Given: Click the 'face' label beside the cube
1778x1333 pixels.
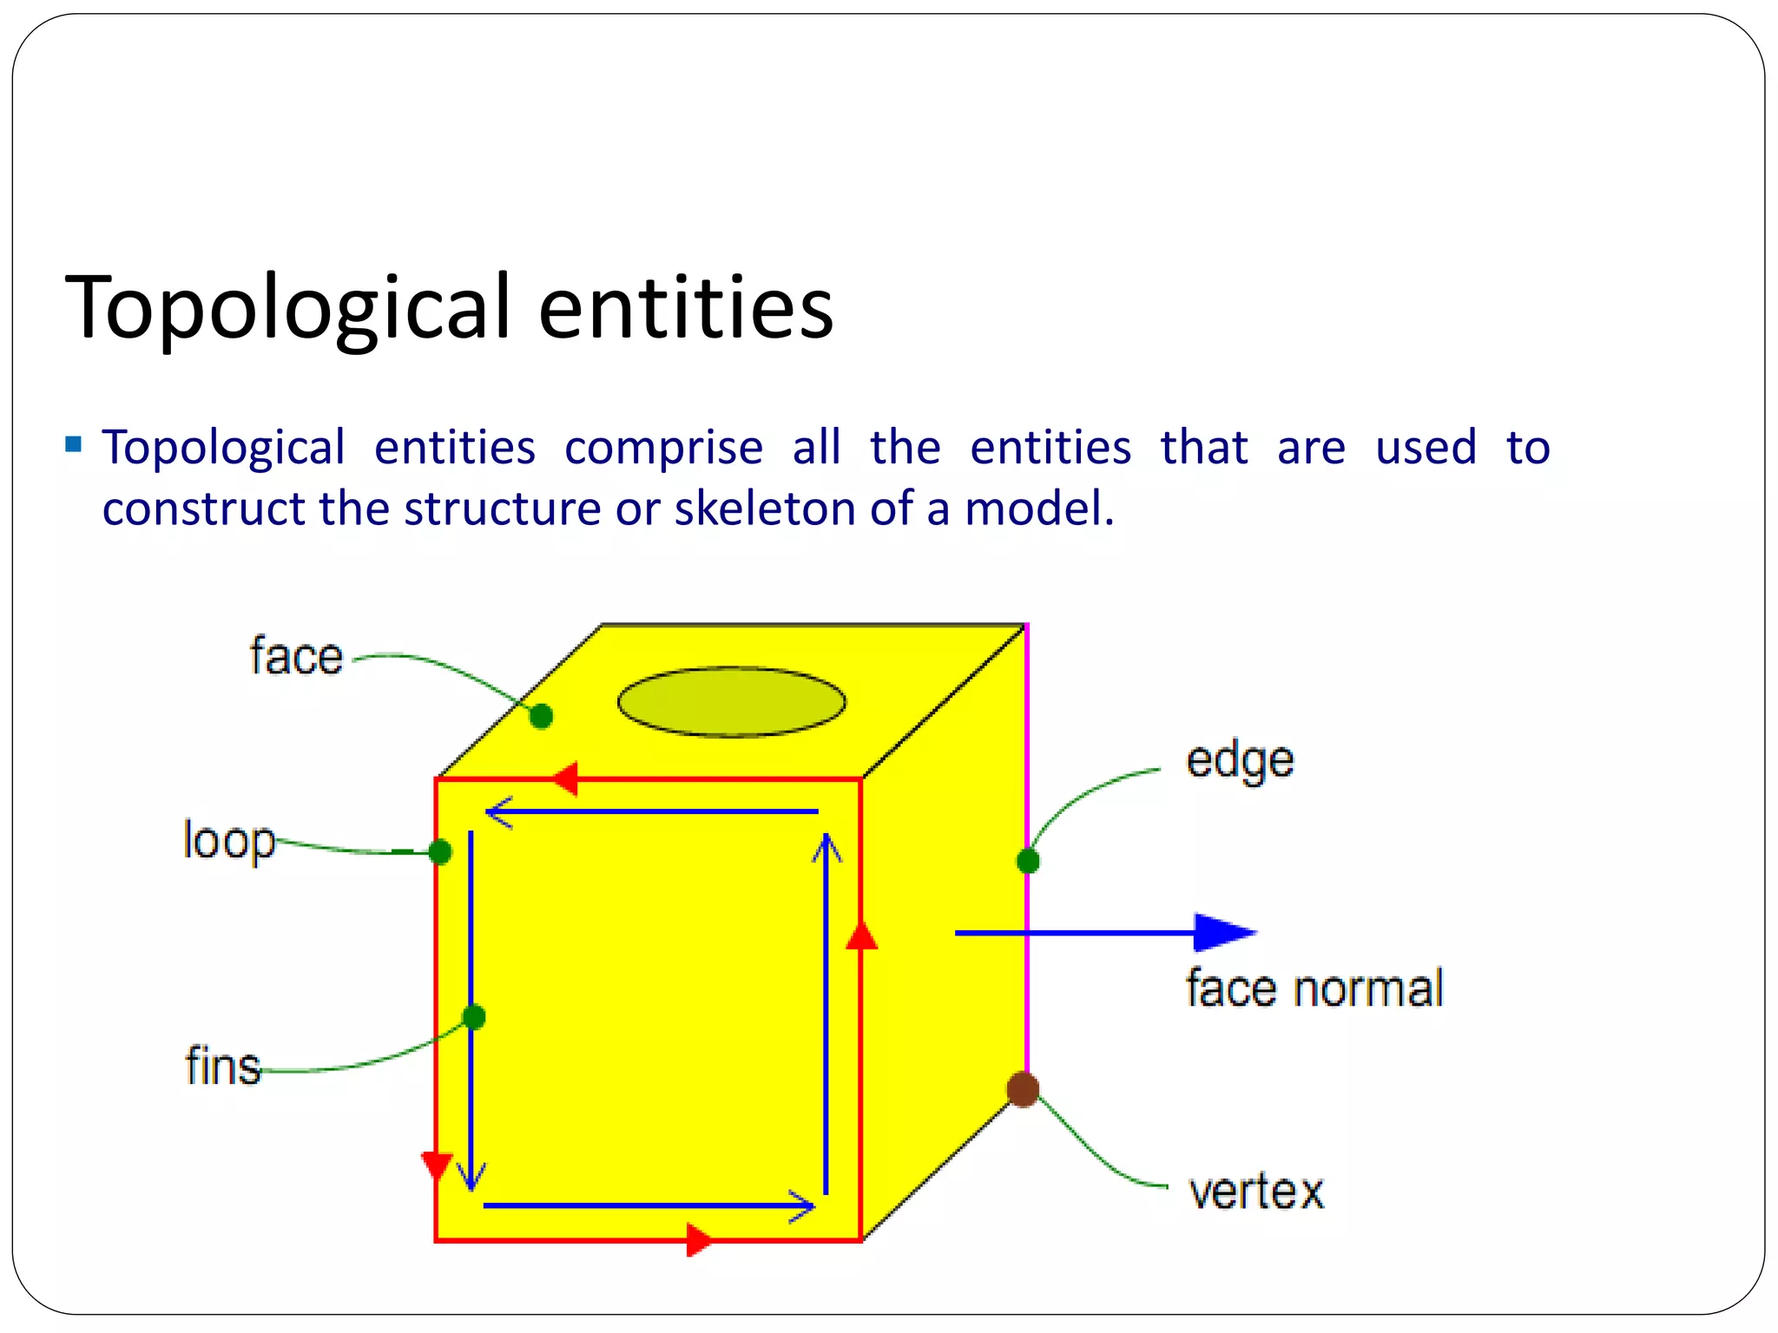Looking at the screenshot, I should point(296,655).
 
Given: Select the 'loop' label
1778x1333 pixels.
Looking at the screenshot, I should point(229,840).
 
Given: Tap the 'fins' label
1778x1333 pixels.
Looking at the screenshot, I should point(223,1066).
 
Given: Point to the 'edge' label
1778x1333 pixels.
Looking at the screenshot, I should point(1240,761).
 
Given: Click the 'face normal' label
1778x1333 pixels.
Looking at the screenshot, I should point(1314,988).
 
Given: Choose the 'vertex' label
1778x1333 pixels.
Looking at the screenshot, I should point(1256,1191).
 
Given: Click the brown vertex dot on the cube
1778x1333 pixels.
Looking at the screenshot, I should point(1024,1088).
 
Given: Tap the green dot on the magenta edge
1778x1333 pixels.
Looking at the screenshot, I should point(1028,861).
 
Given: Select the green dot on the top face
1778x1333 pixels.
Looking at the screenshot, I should point(541,716).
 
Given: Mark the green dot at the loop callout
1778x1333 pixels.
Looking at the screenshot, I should point(440,852).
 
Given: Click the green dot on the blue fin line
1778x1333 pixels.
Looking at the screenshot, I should point(474,1016).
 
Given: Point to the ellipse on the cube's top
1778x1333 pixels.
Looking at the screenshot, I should point(731,701).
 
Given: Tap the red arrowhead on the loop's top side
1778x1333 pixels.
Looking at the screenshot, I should point(565,778).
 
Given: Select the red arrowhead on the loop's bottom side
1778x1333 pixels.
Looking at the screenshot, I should point(699,1239).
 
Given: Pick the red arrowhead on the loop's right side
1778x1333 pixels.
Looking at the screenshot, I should point(861,936).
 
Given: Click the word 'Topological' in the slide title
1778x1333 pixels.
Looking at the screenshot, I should point(287,307).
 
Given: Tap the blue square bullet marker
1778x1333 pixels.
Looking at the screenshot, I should point(74,445).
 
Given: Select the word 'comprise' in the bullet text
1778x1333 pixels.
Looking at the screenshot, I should point(663,449).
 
